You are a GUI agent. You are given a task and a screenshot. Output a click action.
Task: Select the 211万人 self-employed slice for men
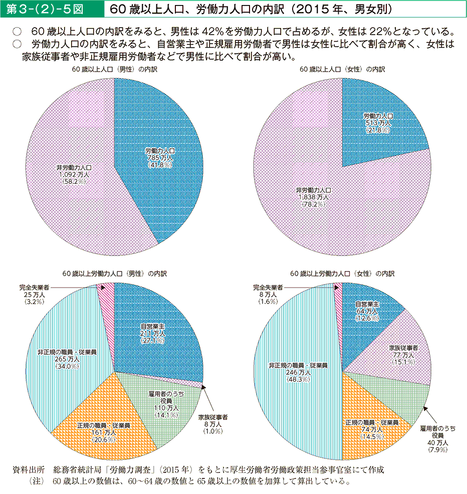coord(158,333)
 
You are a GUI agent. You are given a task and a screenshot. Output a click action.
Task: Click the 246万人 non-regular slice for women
coord(296,371)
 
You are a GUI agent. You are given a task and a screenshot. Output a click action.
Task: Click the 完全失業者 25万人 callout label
coord(35,296)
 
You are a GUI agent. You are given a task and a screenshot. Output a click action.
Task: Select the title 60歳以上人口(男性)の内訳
coord(115,70)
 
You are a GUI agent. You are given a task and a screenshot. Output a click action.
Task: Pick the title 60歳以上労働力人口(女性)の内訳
coord(342,274)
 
